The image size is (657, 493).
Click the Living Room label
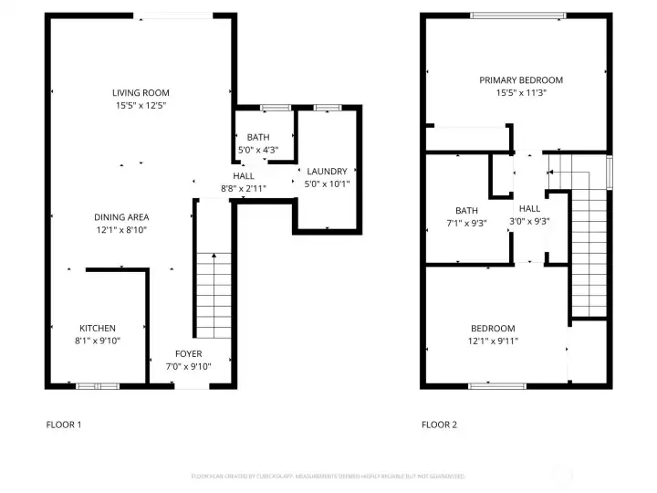pyautogui.click(x=141, y=93)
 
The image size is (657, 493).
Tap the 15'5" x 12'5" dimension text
pyautogui.click(x=141, y=105)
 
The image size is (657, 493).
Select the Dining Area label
pyautogui.click(x=121, y=217)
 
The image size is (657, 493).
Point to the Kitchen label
pyautogui.click(x=97, y=329)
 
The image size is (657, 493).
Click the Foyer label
pyautogui.click(x=189, y=354)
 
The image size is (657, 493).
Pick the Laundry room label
pyautogui.click(x=327, y=172)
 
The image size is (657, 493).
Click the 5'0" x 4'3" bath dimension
pyautogui.click(x=258, y=150)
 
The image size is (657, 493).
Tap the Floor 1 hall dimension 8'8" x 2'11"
pyautogui.click(x=244, y=188)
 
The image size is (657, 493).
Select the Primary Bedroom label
pyautogui.click(x=521, y=80)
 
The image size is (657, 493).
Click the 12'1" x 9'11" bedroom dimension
pyautogui.click(x=493, y=341)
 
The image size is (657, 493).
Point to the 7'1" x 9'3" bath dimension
pyautogui.click(x=466, y=223)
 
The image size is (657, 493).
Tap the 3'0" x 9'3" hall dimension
pyautogui.click(x=529, y=220)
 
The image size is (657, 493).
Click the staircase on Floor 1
pyautogui.click(x=215, y=292)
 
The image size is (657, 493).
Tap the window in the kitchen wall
pyautogui.click(x=98, y=386)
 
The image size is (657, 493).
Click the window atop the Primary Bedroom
pyautogui.click(x=517, y=16)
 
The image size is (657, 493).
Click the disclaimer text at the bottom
pyautogui.click(x=328, y=477)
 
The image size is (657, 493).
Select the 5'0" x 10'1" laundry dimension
pyautogui.click(x=327, y=184)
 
